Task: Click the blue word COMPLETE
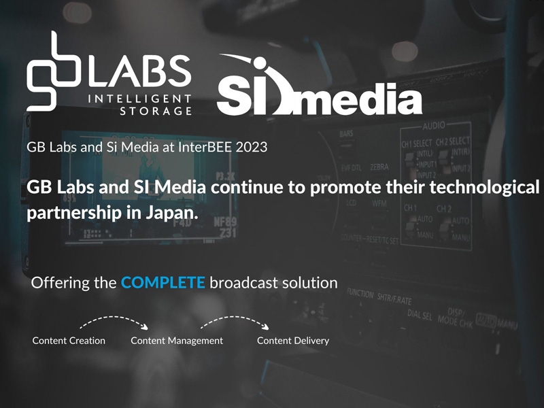pos(163,282)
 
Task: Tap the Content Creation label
pos(69,340)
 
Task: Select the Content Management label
pos(177,340)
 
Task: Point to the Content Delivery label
pos(293,340)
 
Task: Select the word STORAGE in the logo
pos(156,111)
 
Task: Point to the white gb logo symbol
pos(54,71)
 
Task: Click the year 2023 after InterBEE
pos(242,146)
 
